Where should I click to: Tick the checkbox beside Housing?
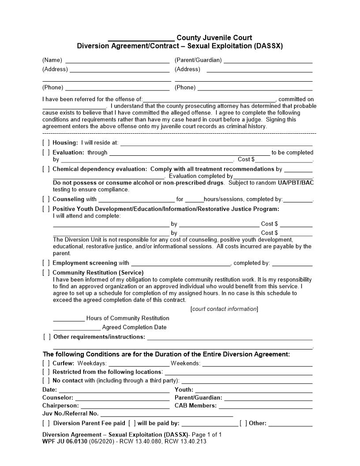(46, 143)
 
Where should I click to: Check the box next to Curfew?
(46, 363)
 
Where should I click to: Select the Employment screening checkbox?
(46, 263)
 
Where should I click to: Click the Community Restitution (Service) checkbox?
(46, 272)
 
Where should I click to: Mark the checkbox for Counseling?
(46, 199)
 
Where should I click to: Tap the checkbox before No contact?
(46, 380)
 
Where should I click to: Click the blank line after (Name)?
(117, 60)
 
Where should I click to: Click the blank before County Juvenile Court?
(141, 38)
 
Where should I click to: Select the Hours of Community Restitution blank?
(68, 319)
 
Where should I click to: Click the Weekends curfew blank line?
(257, 364)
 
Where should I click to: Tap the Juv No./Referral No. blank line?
(166, 414)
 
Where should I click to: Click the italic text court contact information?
(225, 309)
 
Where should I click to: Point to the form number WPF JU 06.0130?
(65, 441)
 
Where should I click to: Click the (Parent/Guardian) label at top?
(198, 60)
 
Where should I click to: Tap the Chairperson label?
(60, 406)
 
